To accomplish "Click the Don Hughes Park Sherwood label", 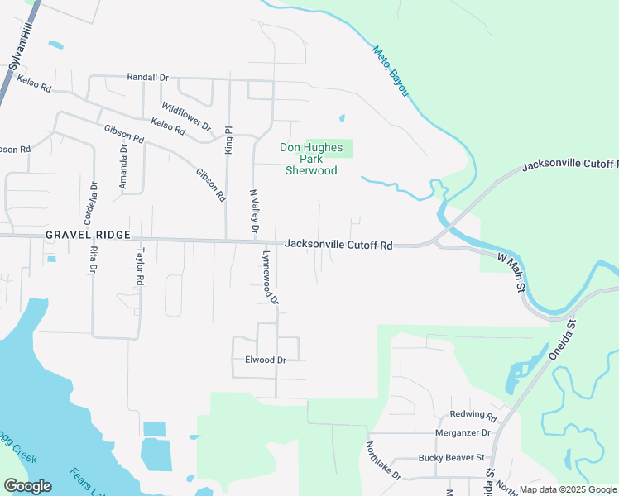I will pos(311,159).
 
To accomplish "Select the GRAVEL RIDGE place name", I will pos(88,235).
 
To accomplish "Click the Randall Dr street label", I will pos(147,77).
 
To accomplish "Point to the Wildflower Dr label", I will pos(186,117).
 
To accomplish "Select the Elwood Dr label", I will pos(266,360).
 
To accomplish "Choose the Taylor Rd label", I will pos(141,266).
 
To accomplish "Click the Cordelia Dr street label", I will pos(94,199).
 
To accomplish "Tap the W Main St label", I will pos(512,274).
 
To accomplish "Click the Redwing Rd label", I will pos(473,415).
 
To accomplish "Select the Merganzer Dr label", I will pos(463,432).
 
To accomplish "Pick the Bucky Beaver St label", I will pos(451,457).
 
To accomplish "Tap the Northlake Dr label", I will pos(383,460).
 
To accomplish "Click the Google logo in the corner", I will pos(27,486).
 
